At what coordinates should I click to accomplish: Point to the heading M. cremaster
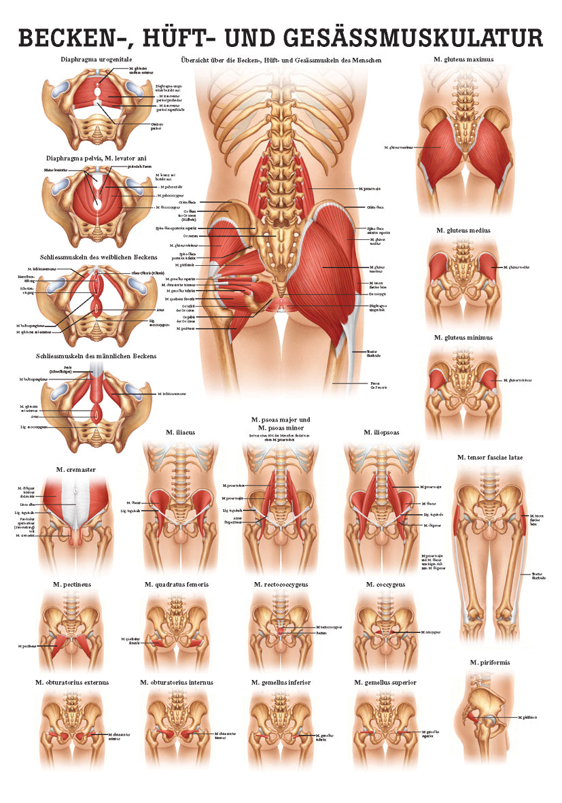point(74,469)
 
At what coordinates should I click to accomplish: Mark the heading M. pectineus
point(74,584)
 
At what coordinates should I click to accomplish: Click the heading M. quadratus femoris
point(176,584)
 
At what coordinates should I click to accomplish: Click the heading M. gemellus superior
point(385,682)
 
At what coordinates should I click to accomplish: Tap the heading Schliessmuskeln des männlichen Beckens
point(97,356)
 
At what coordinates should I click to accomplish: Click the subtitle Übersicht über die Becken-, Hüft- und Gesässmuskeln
point(281,60)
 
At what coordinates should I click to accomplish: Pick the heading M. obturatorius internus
point(177,682)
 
